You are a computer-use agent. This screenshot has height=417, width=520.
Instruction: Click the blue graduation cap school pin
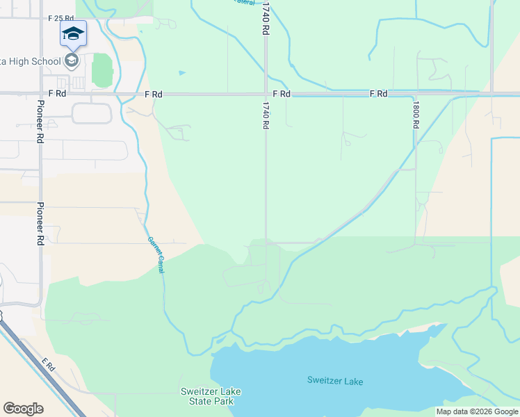(x=73, y=33)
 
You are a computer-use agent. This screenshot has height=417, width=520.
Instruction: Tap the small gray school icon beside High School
(x=71, y=61)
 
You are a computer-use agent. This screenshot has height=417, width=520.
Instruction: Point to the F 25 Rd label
(x=61, y=17)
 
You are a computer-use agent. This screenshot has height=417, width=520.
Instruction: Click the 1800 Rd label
(x=416, y=115)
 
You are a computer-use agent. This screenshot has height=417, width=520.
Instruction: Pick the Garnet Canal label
(x=155, y=254)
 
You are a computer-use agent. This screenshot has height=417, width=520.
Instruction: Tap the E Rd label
(x=48, y=363)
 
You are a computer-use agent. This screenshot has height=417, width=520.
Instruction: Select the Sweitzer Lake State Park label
(x=211, y=397)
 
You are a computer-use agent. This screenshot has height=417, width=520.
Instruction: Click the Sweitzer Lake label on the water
(x=335, y=381)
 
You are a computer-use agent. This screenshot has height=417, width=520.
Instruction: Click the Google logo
(x=23, y=409)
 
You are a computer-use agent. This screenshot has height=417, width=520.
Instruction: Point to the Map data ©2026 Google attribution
(x=477, y=411)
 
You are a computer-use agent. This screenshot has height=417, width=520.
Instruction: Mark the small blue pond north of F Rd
(x=182, y=72)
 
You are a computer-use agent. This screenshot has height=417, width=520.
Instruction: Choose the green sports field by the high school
(x=102, y=70)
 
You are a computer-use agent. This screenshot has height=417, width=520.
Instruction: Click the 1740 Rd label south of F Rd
(x=266, y=115)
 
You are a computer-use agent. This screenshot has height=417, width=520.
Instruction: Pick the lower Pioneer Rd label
(x=40, y=224)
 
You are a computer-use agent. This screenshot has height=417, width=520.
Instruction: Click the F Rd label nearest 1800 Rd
(x=378, y=93)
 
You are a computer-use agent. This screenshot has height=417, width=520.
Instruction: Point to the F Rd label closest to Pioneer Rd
(x=57, y=93)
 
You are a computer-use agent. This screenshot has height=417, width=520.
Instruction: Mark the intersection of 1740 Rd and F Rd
(x=265, y=93)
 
